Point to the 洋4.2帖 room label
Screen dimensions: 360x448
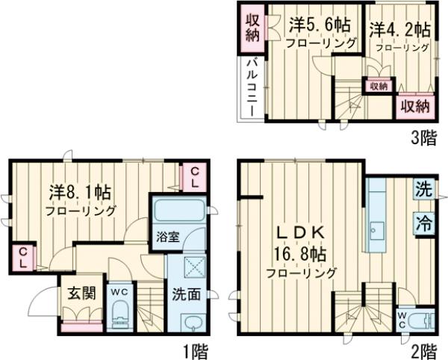(x=399, y=31)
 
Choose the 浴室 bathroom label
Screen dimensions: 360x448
(x=168, y=238)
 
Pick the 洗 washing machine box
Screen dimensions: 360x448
(x=423, y=190)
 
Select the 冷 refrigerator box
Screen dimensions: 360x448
(x=423, y=221)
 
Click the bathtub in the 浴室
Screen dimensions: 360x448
(x=179, y=210)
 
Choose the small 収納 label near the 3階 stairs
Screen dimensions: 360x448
(x=379, y=86)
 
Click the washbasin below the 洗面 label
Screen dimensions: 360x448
(x=191, y=324)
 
